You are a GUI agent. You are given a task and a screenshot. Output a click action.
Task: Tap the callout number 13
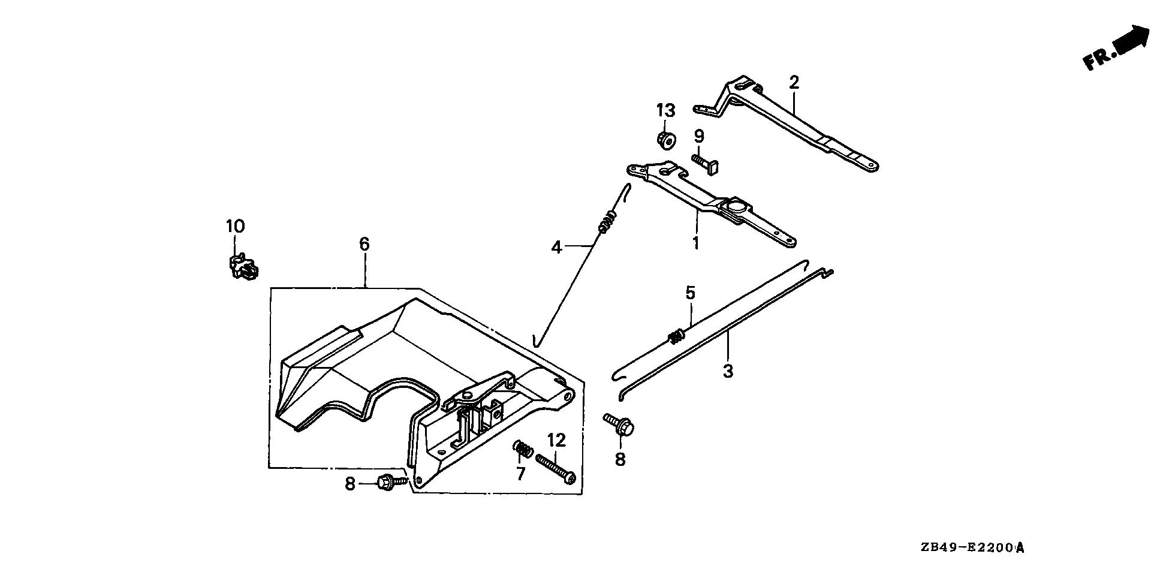point(665,111)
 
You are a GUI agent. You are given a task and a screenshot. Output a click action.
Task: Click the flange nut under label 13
point(666,140)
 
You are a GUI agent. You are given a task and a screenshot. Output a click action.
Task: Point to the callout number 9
point(699,136)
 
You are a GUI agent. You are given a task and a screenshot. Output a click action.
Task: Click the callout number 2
point(794,83)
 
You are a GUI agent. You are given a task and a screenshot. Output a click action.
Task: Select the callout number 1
point(696,243)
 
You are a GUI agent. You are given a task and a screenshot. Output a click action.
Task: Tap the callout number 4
point(557,246)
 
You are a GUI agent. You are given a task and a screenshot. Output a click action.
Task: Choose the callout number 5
point(690,293)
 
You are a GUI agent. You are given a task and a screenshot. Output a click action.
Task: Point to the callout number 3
point(728,371)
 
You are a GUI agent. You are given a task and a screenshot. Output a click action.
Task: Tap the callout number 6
point(364,244)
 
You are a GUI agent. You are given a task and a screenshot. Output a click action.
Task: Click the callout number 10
point(235,227)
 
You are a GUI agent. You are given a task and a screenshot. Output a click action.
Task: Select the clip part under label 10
point(243,266)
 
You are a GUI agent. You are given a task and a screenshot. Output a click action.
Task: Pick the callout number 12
point(556,441)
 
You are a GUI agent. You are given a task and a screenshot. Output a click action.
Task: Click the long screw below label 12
point(555,469)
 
